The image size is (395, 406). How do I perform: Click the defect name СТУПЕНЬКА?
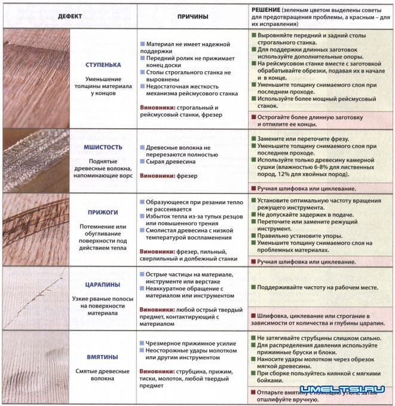click(x=103, y=64)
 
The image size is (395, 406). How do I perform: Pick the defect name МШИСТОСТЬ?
click(x=103, y=147)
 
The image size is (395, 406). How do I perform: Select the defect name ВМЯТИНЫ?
click(x=103, y=357)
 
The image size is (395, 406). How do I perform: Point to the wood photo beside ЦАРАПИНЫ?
click(x=35, y=297)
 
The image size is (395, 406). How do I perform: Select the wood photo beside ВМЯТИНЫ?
click(x=35, y=366)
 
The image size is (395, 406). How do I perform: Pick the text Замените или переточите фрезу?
click(x=305, y=138)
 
